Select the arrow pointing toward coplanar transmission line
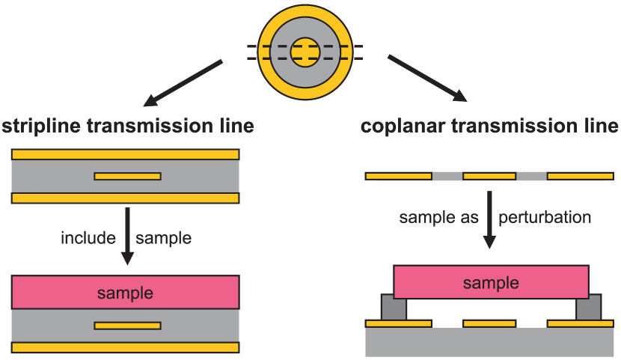point(427,78)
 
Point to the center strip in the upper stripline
point(127,177)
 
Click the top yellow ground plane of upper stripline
point(126,154)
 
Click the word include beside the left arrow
point(88,239)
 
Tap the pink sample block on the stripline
point(126,293)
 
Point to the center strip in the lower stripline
point(127,326)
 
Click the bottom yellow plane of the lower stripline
point(126,347)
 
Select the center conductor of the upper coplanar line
point(489,177)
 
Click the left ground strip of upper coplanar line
point(398,177)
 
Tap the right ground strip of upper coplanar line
point(581,177)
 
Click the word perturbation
point(545,218)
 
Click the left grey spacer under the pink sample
point(394,308)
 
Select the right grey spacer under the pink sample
point(588,308)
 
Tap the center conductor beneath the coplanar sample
point(489,323)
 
